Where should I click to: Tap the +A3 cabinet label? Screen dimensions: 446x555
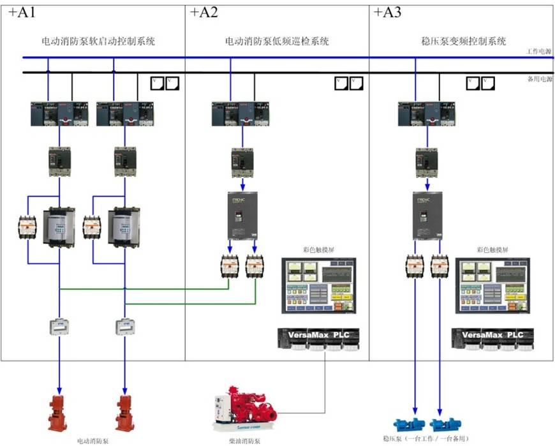point(387,13)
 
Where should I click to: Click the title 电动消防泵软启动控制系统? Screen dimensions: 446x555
point(98,41)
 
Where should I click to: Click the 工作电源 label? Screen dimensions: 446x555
point(540,51)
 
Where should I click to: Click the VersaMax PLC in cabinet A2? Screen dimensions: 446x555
point(319,338)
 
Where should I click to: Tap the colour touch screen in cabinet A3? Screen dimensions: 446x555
point(492,286)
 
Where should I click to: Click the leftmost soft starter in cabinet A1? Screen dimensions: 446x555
point(59,227)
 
